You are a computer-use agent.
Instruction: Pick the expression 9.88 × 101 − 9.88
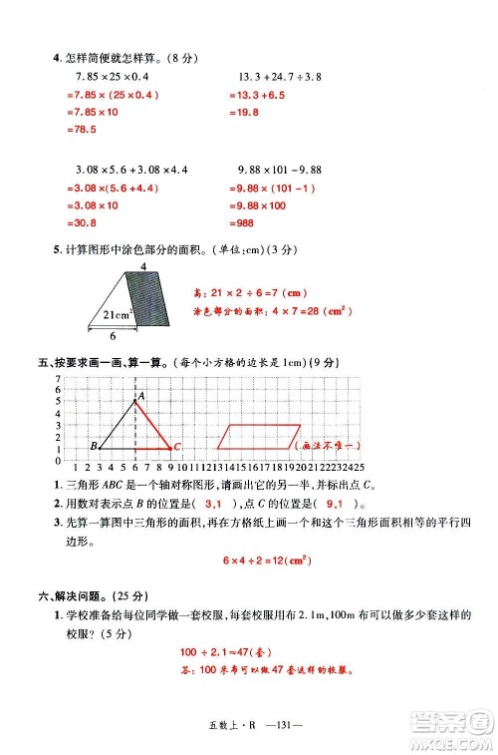point(280,170)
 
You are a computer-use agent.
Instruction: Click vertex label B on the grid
point(93,446)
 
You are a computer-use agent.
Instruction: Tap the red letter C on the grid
point(176,448)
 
